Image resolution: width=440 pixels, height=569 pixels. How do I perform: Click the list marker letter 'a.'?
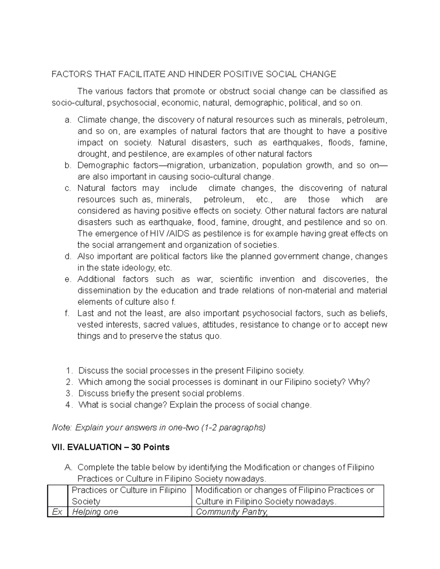click(67, 120)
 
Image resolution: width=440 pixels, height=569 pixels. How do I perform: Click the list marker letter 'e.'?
click(67, 279)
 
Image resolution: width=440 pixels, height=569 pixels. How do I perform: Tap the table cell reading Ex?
click(57, 512)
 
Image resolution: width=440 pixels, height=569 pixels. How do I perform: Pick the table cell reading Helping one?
click(95, 512)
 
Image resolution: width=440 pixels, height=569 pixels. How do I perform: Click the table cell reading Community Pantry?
click(232, 512)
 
